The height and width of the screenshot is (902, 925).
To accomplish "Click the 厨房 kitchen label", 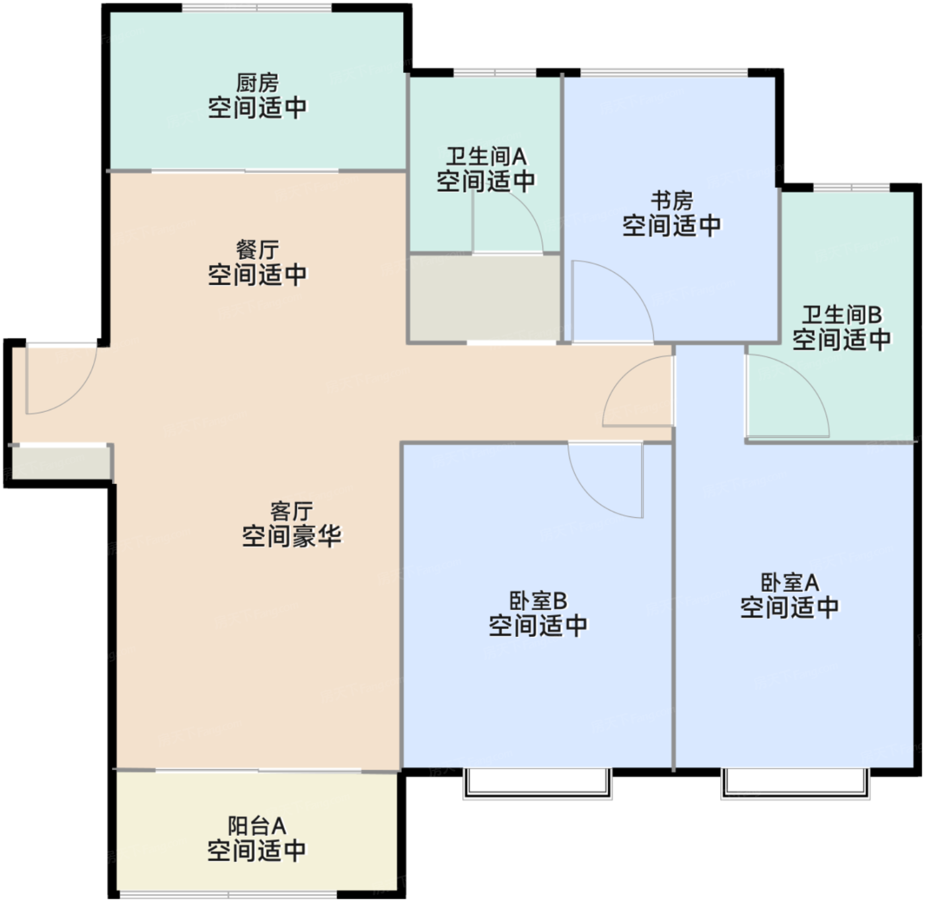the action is pyautogui.click(x=258, y=83).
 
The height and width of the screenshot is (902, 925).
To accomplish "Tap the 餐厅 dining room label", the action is pyautogui.click(x=258, y=250).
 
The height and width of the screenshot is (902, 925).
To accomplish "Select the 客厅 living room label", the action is pyautogui.click(x=292, y=512).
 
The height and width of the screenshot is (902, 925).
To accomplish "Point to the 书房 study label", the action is pyautogui.click(x=672, y=200).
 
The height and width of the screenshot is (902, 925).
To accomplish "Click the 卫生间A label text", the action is pyautogui.click(x=486, y=156).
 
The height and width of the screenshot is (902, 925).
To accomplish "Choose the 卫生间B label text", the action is pyautogui.click(x=842, y=315).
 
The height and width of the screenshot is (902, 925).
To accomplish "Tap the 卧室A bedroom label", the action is pyautogui.click(x=790, y=583).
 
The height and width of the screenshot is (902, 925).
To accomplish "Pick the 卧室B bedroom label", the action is pyautogui.click(x=538, y=601).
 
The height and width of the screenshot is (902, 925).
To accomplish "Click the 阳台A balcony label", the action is pyautogui.click(x=257, y=826).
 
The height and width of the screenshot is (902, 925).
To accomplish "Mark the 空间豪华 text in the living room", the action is pyautogui.click(x=292, y=536).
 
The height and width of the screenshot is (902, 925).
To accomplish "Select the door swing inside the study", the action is pyautogui.click(x=630, y=286).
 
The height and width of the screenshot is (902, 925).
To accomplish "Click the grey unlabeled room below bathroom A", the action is pyautogui.click(x=485, y=298).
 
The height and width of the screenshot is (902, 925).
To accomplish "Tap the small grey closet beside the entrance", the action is pyautogui.click(x=61, y=464).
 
